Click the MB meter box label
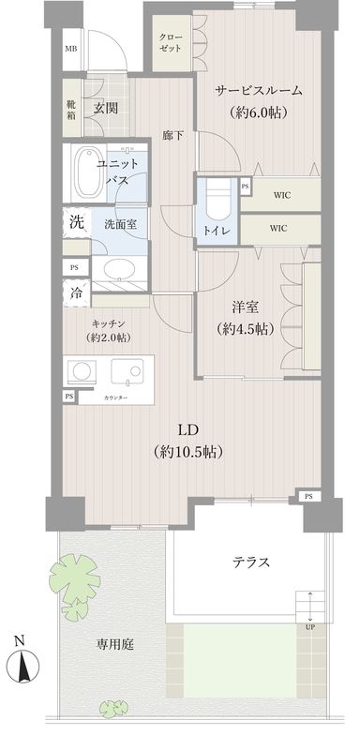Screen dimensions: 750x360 (x=70, y=49)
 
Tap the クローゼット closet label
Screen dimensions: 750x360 (x=171, y=41)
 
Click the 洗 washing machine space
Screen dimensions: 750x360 (x=74, y=223)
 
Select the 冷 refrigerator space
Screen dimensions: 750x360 (x=74, y=292)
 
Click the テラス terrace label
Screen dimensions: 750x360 (x=251, y=562)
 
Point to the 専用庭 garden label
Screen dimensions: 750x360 (x=115, y=644)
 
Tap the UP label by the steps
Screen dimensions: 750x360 (x=309, y=627)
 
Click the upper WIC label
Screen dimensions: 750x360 (x=279, y=195)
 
